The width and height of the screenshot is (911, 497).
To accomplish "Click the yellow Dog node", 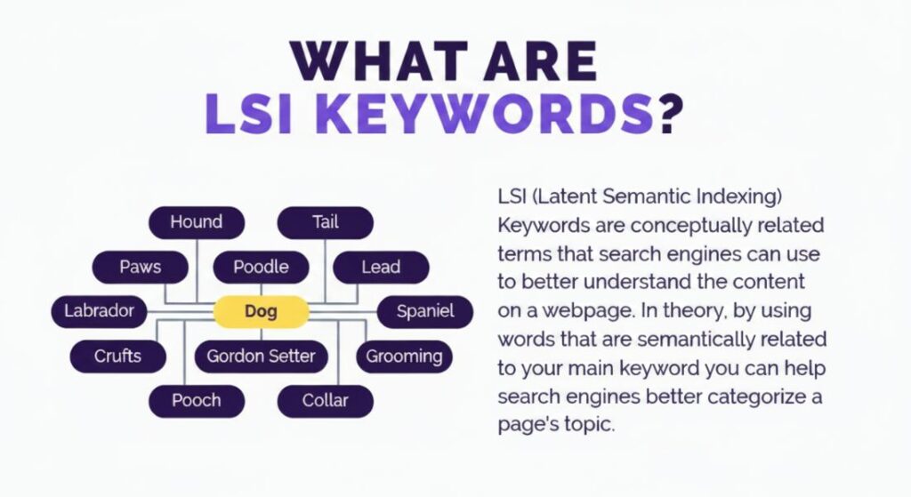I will (261, 311).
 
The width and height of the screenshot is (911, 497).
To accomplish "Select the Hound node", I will (196, 222).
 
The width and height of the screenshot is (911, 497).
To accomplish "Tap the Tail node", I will (326, 222).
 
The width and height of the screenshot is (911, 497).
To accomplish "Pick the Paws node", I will (141, 267).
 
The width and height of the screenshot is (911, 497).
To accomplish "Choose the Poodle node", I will (261, 267).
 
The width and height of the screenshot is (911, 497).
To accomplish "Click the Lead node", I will (381, 267).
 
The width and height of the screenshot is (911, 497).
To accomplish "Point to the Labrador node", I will (99, 311).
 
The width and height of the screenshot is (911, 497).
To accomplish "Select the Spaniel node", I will (425, 311).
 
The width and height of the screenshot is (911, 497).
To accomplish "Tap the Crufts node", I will (117, 357).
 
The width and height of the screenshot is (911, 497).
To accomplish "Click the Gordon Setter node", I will (261, 357).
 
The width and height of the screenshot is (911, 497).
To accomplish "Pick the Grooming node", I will (404, 357).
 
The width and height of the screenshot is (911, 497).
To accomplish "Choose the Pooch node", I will (196, 401).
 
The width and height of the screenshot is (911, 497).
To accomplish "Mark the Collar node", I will (326, 401).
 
